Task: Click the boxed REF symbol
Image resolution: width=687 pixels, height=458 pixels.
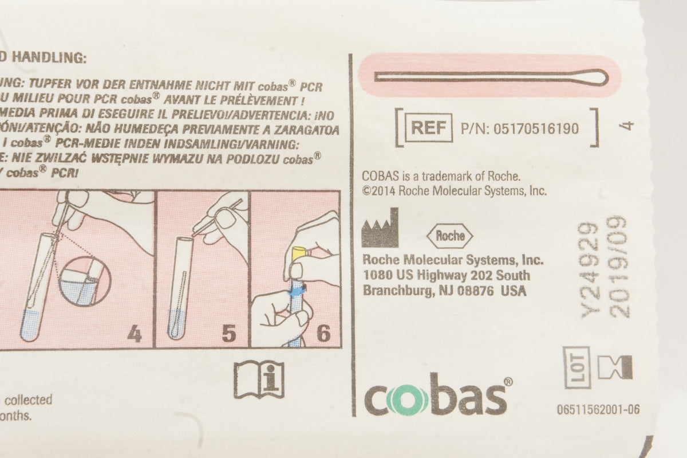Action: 428,128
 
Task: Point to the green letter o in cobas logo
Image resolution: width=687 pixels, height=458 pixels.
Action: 407,400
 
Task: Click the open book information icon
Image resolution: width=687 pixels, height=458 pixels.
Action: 259,379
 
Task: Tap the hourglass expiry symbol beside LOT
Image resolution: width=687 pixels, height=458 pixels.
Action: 615,367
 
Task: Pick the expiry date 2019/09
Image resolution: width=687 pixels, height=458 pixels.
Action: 619,267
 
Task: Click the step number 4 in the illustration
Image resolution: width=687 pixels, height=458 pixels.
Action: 134,334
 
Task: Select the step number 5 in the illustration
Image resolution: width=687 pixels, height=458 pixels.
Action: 229,334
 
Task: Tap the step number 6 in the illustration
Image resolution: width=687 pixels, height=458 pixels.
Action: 323,334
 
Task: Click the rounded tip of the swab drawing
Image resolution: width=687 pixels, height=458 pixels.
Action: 595,77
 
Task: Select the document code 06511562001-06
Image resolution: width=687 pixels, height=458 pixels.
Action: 598,409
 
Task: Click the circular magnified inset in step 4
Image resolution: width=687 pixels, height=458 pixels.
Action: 85,281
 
